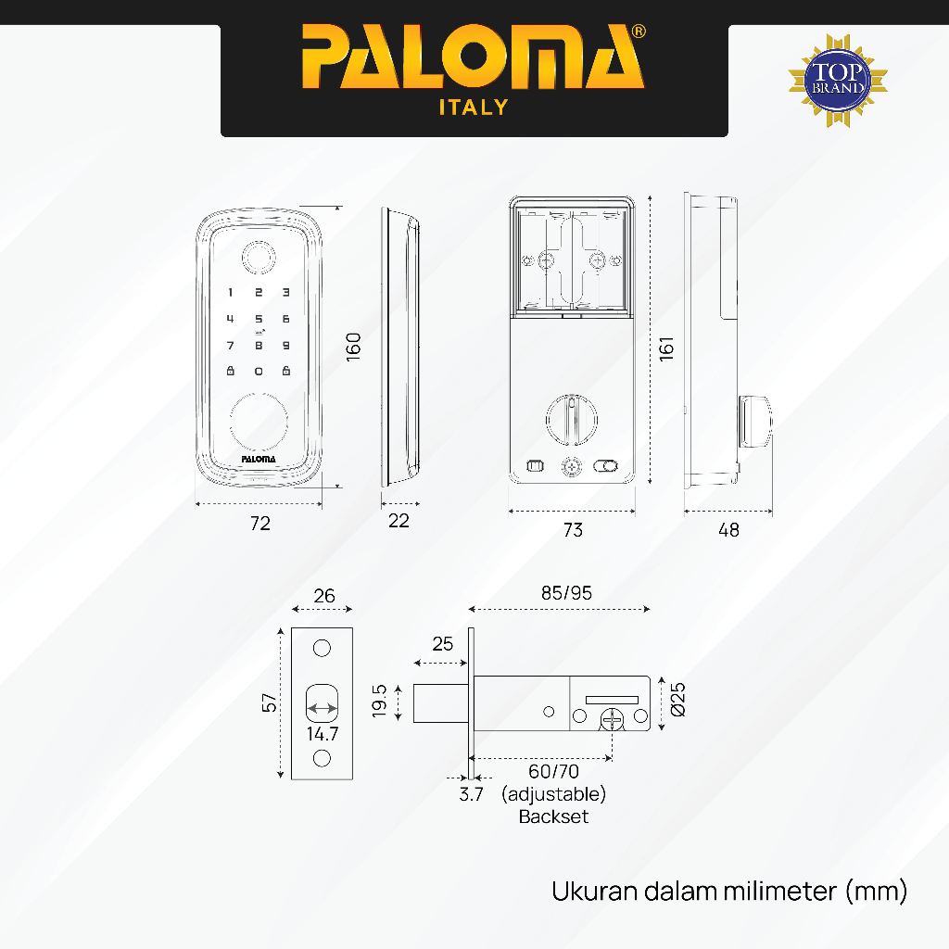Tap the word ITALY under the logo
474,108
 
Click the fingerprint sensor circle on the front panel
259,257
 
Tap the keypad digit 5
259,319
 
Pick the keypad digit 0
259,372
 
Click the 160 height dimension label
353,347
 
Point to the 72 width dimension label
260,524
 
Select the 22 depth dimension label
399,521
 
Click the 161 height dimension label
665,348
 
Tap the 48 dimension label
729,530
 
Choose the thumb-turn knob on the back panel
571,417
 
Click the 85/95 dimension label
567,593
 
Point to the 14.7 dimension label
323,733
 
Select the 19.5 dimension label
378,702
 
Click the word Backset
553,816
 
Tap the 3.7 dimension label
472,794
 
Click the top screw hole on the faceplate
322,647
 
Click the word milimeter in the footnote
778,892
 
